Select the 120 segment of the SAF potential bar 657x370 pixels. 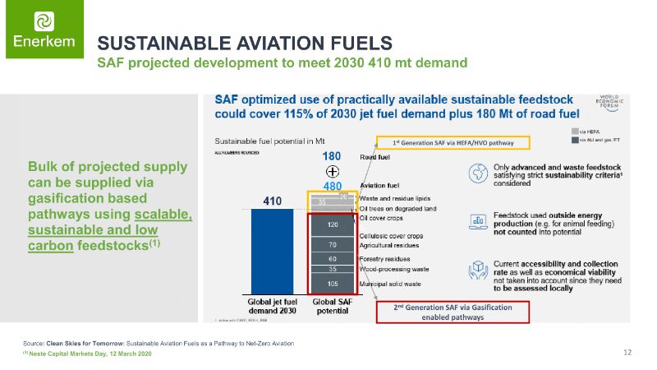[x=333, y=224]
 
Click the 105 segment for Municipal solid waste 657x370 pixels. [x=333, y=284]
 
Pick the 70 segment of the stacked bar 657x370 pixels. [x=333, y=245]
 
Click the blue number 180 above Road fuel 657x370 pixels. [x=332, y=156]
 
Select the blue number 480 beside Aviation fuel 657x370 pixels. [x=332, y=186]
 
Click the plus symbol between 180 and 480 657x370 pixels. [x=333, y=171]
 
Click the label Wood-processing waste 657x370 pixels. [x=394, y=269]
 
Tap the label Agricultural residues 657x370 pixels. [x=390, y=245]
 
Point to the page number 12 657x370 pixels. [x=627, y=353]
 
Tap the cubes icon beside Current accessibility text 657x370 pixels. [x=476, y=270]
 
